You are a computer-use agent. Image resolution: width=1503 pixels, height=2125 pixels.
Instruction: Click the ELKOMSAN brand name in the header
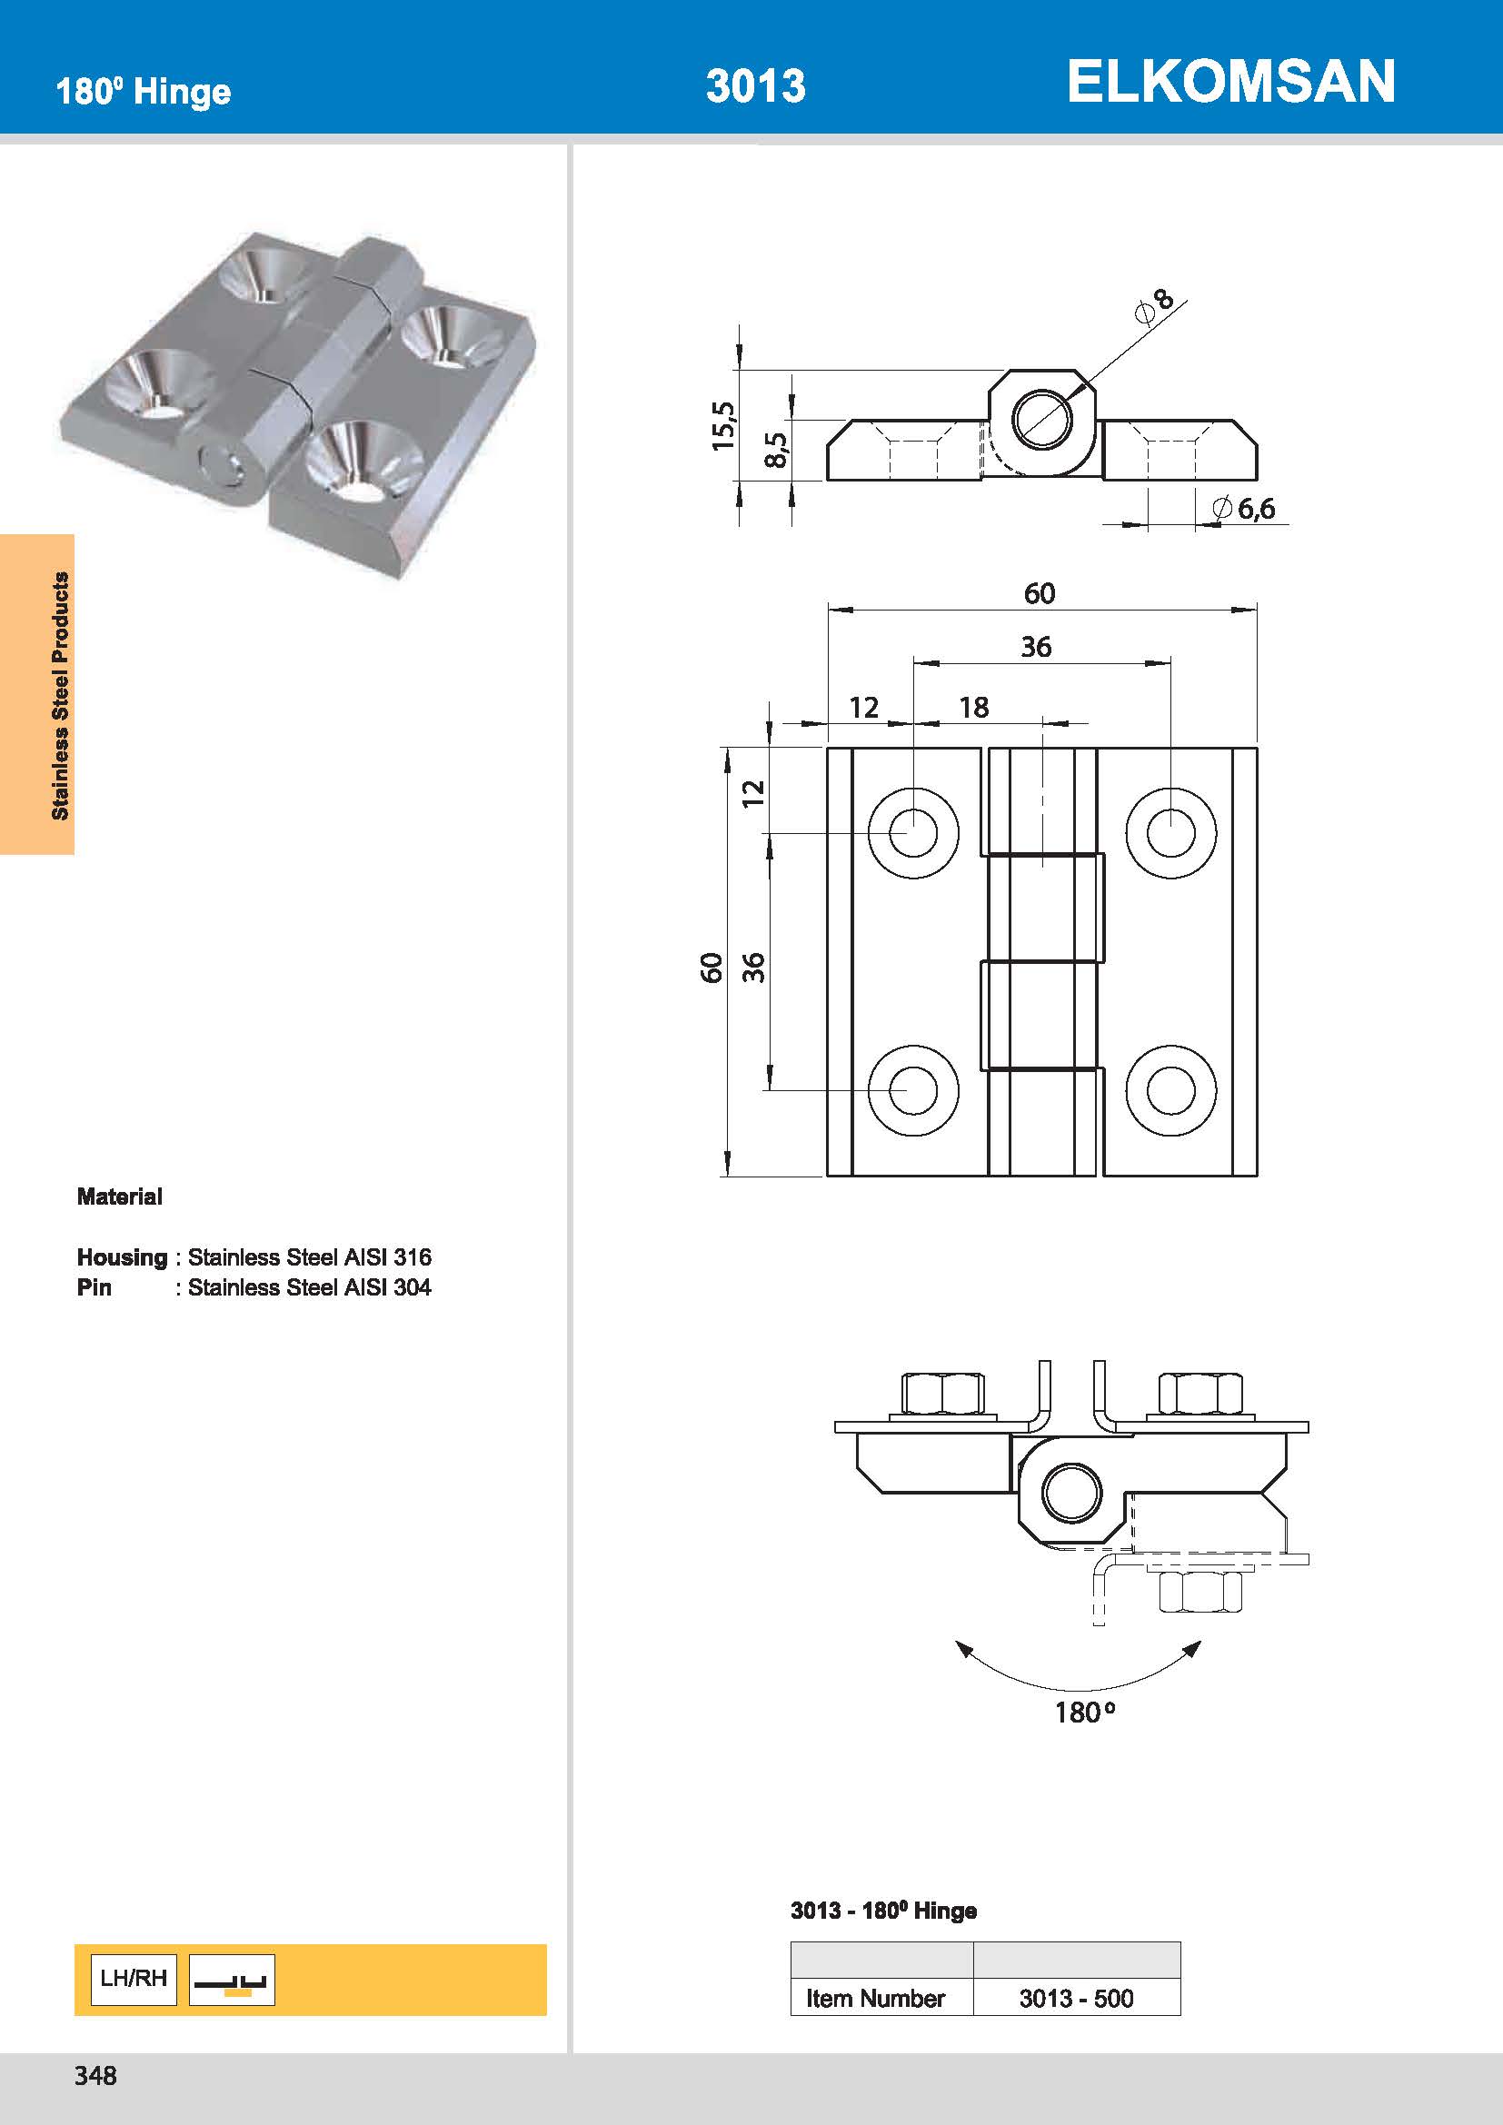pos(1230,82)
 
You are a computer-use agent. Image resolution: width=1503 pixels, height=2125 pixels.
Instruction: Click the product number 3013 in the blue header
pos(755,86)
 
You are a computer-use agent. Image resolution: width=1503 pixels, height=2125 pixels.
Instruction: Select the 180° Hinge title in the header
pos(144,92)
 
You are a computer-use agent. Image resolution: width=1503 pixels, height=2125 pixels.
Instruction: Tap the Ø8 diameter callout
pos(1154,306)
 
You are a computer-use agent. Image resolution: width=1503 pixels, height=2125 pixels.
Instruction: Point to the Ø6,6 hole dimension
pos(1246,508)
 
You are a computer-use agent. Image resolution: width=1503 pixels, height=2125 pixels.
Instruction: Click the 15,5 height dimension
pos(723,426)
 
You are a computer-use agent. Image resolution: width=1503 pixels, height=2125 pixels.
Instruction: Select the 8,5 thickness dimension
pos(778,450)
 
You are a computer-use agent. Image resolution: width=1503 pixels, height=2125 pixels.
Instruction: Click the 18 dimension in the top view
pos(973,708)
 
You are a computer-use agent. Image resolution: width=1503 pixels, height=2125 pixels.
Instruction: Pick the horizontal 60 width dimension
pos(1039,593)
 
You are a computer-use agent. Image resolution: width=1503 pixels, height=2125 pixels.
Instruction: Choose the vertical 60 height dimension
pos(711,968)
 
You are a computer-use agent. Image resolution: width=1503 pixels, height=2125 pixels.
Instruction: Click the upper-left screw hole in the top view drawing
pos(912,832)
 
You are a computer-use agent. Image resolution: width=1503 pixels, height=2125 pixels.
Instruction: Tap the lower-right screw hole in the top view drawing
pos(1170,1090)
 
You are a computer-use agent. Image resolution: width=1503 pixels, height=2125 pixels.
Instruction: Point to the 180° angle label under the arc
pos(1084,1713)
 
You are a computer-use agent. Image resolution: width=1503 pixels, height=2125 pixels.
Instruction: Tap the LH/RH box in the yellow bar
pos(134,1979)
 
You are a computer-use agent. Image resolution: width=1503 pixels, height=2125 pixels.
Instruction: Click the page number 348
pos(95,2076)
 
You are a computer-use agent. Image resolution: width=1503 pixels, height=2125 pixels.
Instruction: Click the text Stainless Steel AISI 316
pos(309,1256)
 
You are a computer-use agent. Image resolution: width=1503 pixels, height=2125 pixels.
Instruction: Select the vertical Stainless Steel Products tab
pos(60,695)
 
